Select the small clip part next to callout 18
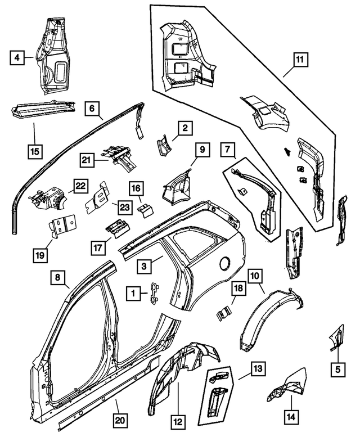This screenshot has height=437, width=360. pos(224,311)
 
